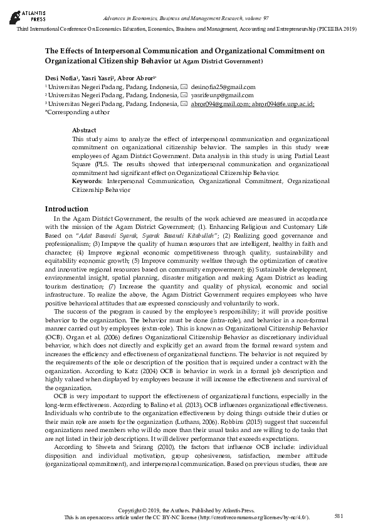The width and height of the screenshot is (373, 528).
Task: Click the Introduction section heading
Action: [66, 209]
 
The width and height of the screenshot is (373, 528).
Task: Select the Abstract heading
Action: [84, 130]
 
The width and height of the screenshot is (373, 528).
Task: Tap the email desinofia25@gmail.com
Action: [223, 87]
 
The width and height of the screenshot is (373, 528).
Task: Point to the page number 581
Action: [339, 515]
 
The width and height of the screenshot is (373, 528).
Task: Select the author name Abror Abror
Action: [133, 77]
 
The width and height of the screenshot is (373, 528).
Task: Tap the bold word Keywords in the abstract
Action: [87, 181]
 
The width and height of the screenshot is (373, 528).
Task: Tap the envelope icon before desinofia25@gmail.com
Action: [184, 87]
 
